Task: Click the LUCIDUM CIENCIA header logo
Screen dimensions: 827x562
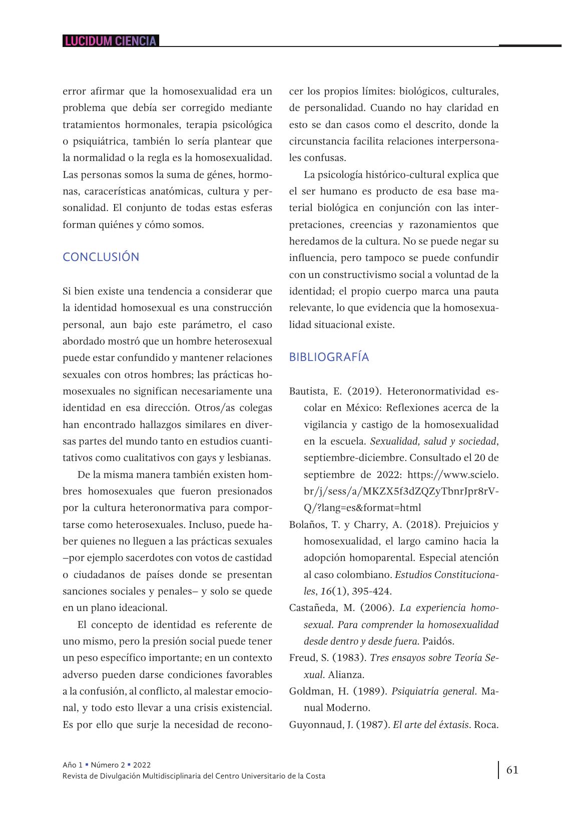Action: pyautogui.click(x=111, y=41)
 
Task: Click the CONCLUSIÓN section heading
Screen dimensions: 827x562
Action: pyautogui.click(x=101, y=257)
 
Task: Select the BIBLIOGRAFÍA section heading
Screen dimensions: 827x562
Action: pyautogui.click(x=329, y=357)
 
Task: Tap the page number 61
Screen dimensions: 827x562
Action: pyautogui.click(x=512, y=769)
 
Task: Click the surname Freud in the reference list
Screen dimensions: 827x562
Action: pyautogui.click(x=302, y=658)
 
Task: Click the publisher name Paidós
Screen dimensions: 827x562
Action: pyautogui.click(x=438, y=641)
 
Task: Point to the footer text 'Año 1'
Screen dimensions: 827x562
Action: pyautogui.click(x=73, y=765)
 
